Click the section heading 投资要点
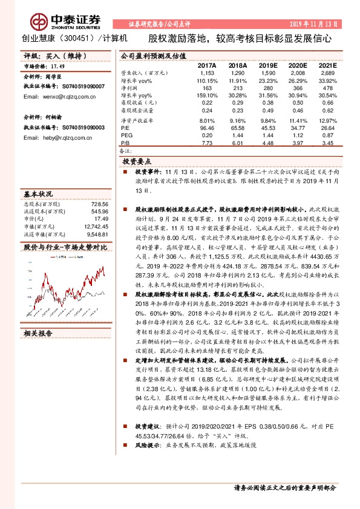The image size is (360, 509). (137, 162)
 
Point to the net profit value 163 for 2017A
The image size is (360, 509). (208, 88)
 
